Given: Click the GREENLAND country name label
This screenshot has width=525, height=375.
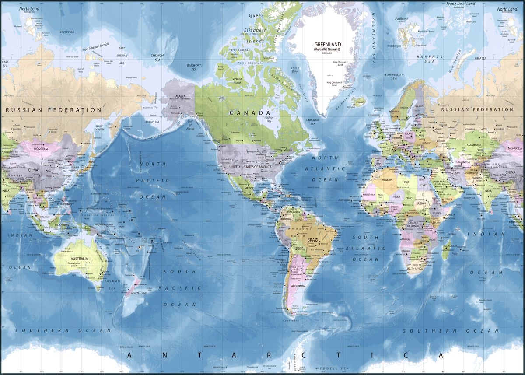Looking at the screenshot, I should click(328, 44).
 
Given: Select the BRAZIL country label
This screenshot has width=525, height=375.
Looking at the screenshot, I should click(314, 240).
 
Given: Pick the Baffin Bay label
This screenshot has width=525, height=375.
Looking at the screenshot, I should click(295, 69).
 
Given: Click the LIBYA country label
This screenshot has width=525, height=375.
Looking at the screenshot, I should click(406, 182).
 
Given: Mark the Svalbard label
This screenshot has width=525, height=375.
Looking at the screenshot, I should click(401, 19).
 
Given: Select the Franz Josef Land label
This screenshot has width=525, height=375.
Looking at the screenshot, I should click(460, 4).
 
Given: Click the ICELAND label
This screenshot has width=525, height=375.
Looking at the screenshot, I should click(360, 102).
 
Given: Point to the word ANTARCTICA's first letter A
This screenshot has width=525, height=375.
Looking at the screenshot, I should click(129, 354).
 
